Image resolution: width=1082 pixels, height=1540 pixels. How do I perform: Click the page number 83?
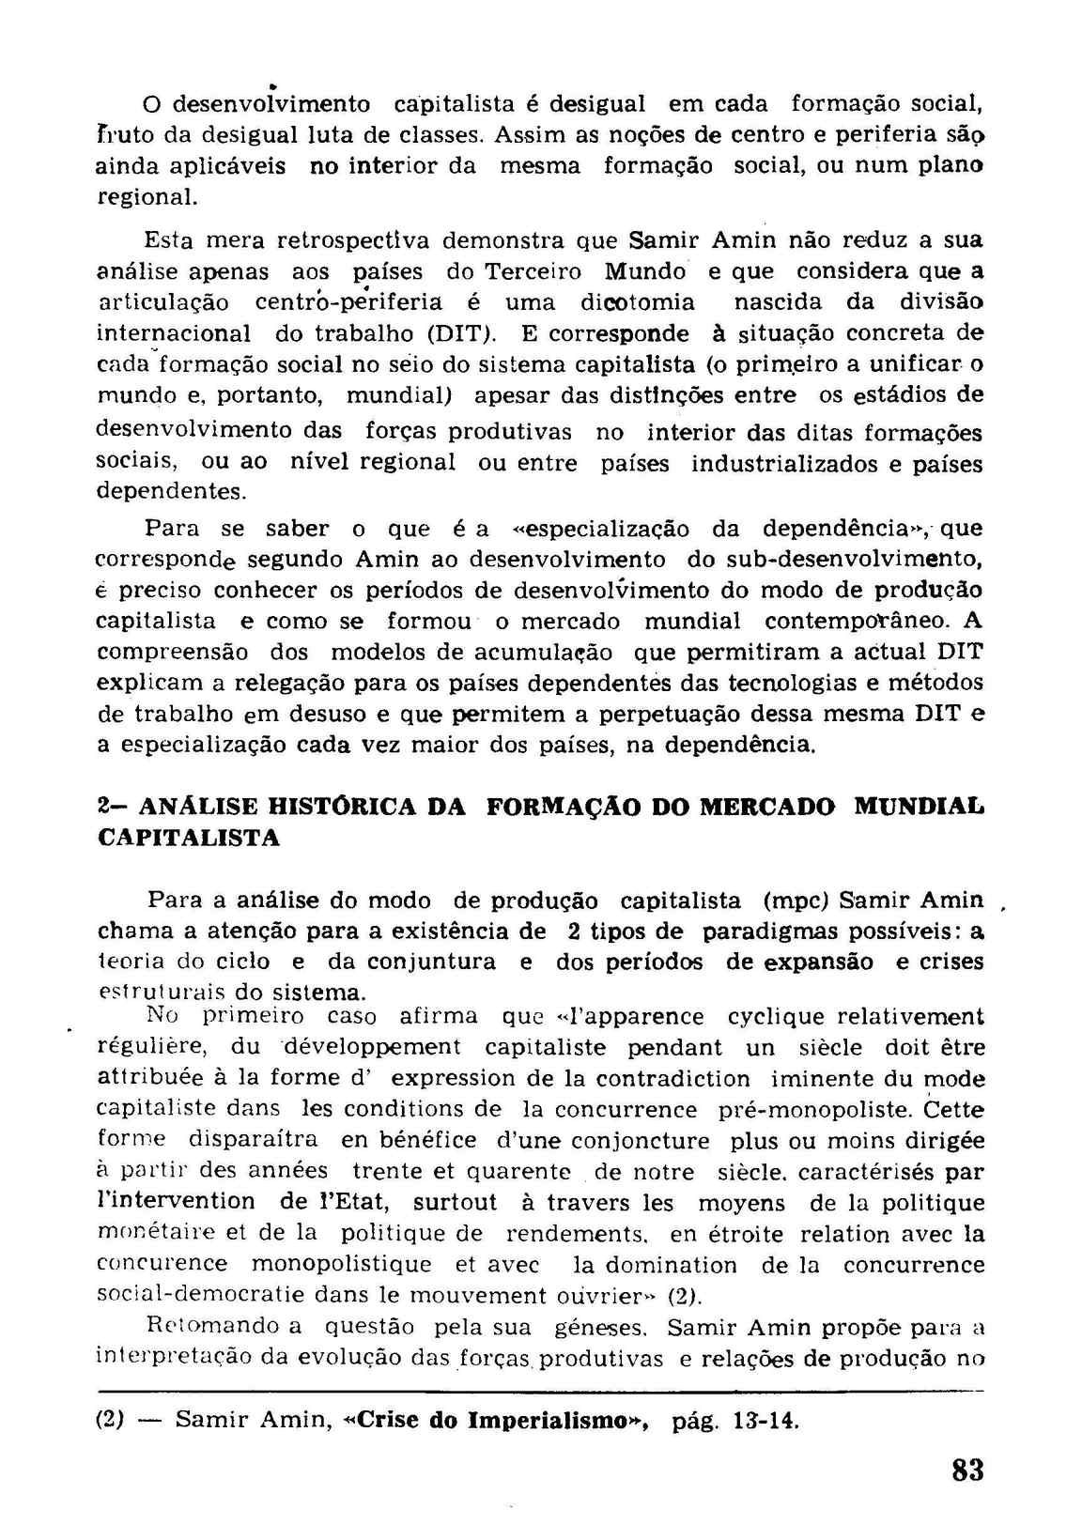[x=966, y=1470]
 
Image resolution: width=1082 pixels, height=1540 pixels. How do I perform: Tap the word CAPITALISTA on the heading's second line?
[x=189, y=838]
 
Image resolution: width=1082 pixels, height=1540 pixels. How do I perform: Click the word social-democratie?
[x=202, y=1296]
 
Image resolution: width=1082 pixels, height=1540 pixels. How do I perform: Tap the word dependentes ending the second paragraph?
[x=170, y=491]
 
